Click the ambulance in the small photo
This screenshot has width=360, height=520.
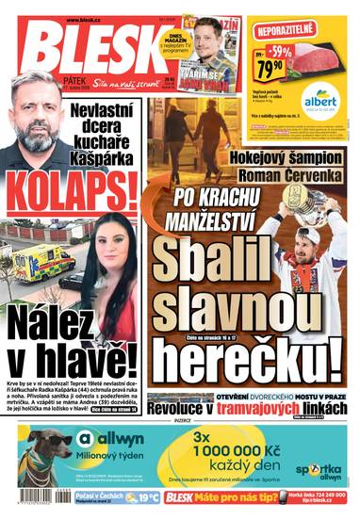click(35, 261)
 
